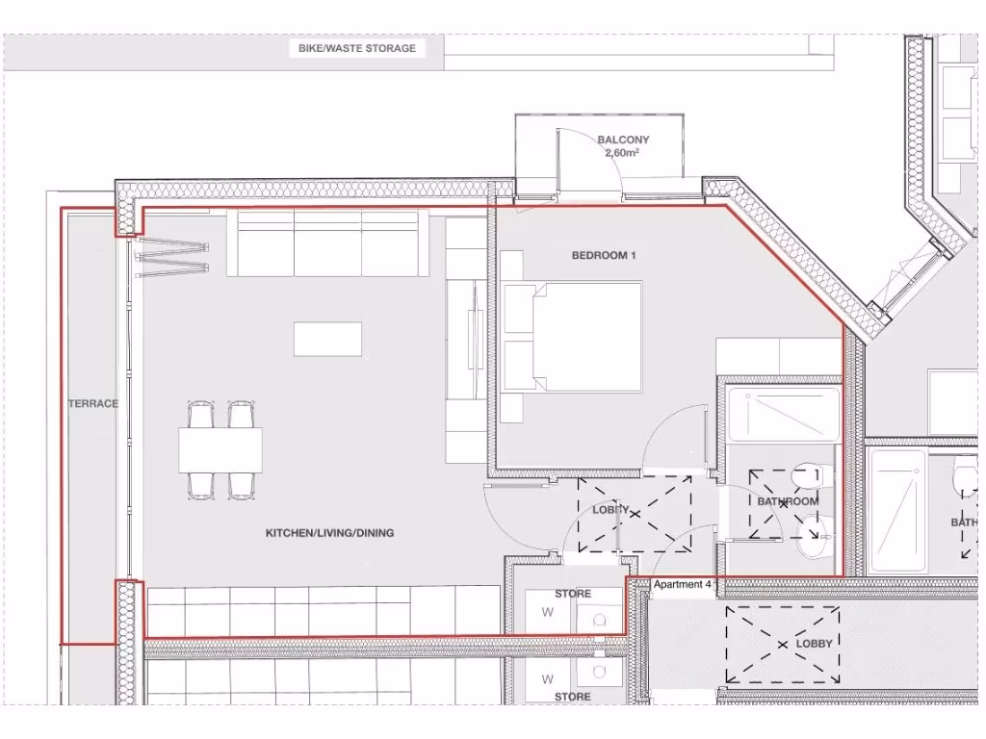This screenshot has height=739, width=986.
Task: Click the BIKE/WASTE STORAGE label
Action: click(x=357, y=48)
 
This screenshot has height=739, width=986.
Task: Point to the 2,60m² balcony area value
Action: click(x=623, y=153)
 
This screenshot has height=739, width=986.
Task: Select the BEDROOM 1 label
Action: click(x=605, y=255)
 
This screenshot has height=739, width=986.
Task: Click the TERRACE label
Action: click(x=93, y=403)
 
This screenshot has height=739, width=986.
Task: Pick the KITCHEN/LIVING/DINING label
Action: click(x=329, y=532)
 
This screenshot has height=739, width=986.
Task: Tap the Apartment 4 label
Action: click(x=683, y=584)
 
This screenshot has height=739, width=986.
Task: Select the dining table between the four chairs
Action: click(x=221, y=449)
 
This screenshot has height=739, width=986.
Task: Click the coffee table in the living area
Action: click(x=328, y=339)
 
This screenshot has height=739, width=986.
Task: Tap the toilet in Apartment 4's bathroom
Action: click(x=804, y=477)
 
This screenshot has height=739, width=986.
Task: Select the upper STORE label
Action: click(x=572, y=594)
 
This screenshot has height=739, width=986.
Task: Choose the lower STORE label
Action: click(x=572, y=696)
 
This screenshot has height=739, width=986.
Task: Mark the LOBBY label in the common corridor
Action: click(x=814, y=643)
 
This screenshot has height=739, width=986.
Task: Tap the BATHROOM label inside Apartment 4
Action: click(x=788, y=501)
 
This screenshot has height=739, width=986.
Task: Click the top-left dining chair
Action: click(x=200, y=416)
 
